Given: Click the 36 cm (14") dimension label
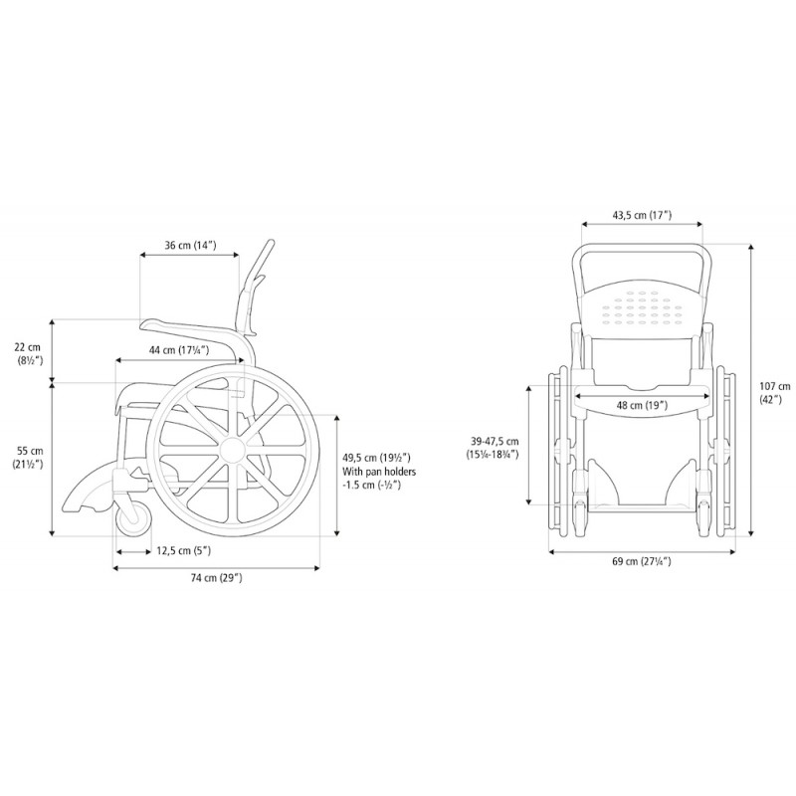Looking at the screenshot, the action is (x=190, y=246).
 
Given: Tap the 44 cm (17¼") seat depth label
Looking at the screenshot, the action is (x=179, y=350).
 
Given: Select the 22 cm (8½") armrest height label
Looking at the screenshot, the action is (x=28, y=354).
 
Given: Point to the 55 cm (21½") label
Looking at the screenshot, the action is (x=28, y=457).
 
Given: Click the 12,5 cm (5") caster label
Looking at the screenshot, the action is (x=184, y=550).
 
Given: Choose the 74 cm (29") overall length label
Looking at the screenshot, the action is (x=216, y=578).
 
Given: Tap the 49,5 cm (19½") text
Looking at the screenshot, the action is (x=376, y=458).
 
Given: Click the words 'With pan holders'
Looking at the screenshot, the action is (x=379, y=472).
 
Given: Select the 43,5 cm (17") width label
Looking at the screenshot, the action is (x=642, y=215).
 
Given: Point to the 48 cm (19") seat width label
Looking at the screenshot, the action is (x=642, y=405).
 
